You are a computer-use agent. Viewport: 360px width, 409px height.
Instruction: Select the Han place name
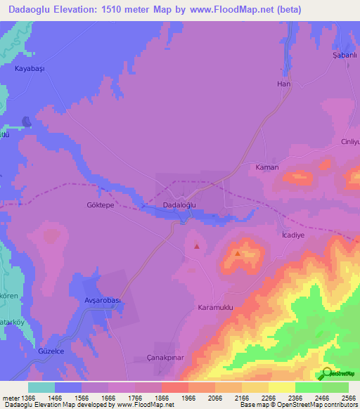tap(284, 84)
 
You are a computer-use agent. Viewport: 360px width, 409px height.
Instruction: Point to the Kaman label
tap(267, 168)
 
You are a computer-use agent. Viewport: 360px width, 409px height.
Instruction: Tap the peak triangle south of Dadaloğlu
tap(196, 246)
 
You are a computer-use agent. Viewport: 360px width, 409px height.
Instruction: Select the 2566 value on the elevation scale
tap(347, 398)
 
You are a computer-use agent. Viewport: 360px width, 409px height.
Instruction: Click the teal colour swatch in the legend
tap(41, 387)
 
